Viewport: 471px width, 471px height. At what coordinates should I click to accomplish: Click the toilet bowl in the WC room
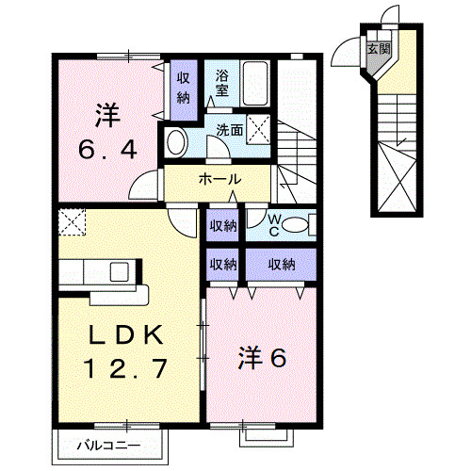point(295,224)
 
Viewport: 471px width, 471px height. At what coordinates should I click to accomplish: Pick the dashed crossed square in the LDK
point(72,221)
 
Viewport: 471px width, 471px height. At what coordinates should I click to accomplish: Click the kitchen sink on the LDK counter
point(120,272)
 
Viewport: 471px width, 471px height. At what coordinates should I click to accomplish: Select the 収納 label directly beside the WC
point(222,226)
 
